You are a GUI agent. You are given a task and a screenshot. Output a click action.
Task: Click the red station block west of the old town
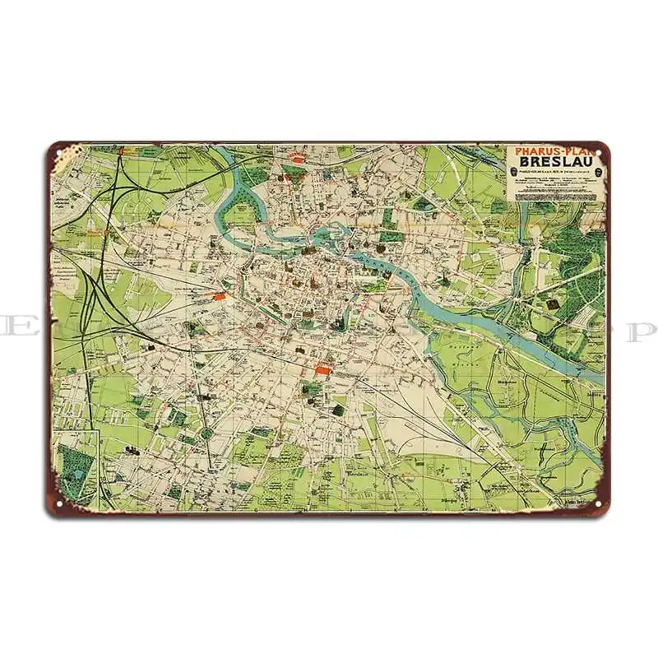[218, 295]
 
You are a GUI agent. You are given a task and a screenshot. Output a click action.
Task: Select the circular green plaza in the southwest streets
[206, 433]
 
